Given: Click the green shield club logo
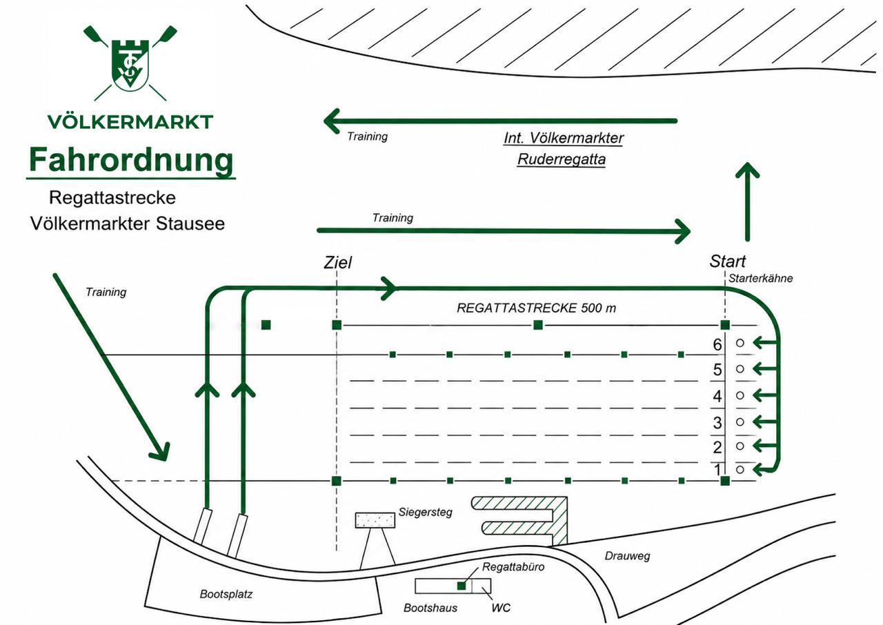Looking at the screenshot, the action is pos(130,63).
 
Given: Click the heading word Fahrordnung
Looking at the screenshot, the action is pos(131,160).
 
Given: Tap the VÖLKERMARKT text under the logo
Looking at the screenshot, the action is pos(130,122).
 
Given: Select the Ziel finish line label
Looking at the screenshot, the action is pos(338,262).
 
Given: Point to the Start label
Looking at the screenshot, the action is pos(728,261).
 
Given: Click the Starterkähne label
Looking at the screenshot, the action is pos(760,279).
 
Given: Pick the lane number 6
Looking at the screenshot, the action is pos(717,345).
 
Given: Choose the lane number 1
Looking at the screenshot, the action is pos(718,470).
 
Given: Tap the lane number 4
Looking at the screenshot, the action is pos(717,396).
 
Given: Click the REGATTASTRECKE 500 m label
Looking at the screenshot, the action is pos(536,308).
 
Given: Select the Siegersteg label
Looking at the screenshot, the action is pos(426,513).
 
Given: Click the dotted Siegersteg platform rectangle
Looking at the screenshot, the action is pos(375,520).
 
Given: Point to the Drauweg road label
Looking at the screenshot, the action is pos(627,556).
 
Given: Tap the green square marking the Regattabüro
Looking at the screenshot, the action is pos(462,586).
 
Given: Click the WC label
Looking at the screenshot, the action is pos(501,608).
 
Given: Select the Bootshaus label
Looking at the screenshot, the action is pos(430,608).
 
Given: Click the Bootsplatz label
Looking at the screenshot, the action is pos(226,594).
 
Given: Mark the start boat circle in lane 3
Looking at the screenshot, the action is pos(740,421).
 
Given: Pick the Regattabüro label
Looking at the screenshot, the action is pos(513,567).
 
